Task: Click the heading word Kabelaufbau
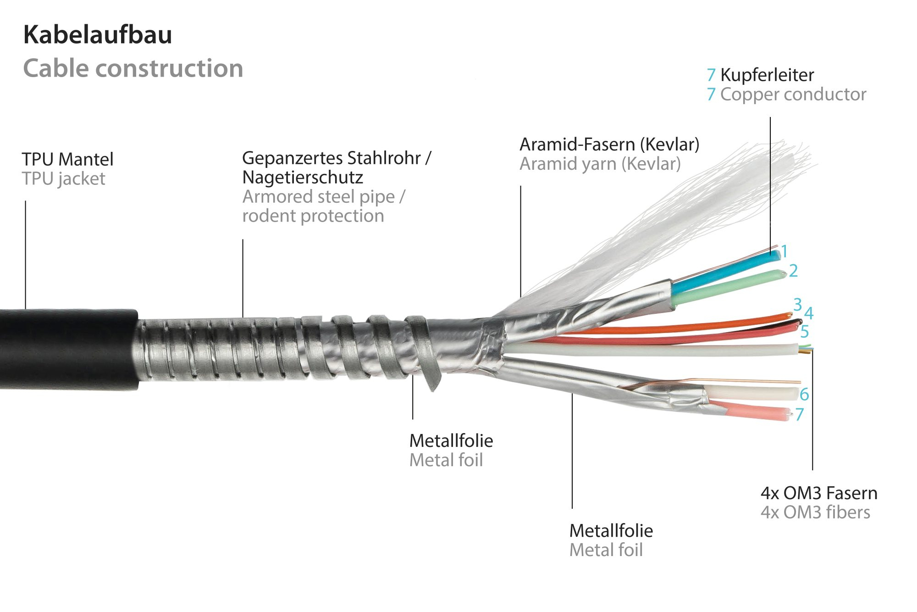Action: click(x=98, y=35)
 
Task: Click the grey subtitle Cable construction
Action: click(x=133, y=68)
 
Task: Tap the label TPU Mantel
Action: click(x=67, y=159)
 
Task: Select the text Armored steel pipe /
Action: click(x=324, y=197)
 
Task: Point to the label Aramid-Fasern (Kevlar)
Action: click(x=609, y=145)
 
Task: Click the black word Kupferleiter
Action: click(x=767, y=75)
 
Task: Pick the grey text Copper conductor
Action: click(x=793, y=94)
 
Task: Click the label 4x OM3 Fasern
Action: click(x=819, y=493)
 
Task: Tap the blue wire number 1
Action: click(x=784, y=251)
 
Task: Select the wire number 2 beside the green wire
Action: click(x=793, y=271)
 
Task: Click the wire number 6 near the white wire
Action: click(x=804, y=394)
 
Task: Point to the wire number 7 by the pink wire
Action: click(x=800, y=414)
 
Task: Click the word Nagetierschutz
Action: click(x=303, y=178)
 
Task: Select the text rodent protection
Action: click(x=313, y=216)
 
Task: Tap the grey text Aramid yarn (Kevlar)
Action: click(x=600, y=164)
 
